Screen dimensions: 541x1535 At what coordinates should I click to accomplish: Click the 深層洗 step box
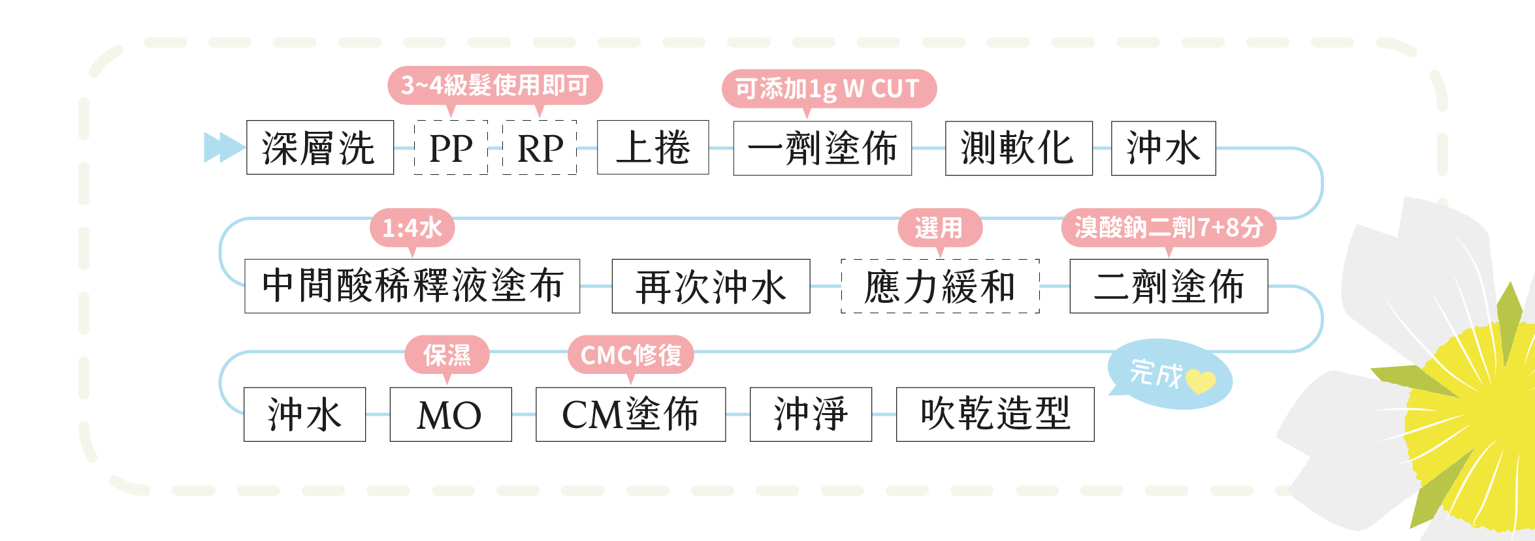(319, 147)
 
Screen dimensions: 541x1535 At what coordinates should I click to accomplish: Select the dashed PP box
(451, 147)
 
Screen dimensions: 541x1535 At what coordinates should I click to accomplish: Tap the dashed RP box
(540, 147)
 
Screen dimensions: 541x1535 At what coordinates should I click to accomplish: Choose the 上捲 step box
(653, 147)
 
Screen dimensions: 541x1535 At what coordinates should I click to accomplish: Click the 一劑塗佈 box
(822, 148)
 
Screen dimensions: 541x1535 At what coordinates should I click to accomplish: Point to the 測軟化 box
(1018, 148)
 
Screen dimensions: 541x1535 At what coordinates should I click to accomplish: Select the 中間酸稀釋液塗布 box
(412, 286)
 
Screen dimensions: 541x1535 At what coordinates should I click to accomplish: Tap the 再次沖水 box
(711, 286)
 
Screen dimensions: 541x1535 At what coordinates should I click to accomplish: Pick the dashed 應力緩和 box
(940, 286)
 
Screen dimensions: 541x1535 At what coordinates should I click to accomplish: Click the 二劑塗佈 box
(1169, 286)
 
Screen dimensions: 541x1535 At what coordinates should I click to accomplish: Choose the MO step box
(450, 414)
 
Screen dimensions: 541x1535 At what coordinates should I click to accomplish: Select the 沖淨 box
(811, 414)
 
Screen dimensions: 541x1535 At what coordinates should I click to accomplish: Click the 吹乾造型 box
(995, 414)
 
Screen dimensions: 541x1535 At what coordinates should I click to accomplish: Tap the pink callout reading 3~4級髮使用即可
(494, 85)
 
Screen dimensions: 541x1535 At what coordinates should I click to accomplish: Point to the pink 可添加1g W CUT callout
(828, 89)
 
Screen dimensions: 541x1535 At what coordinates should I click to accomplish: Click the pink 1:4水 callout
(412, 228)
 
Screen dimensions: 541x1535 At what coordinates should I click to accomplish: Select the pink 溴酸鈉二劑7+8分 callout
(1169, 228)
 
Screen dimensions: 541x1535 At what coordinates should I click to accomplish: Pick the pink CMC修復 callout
(630, 355)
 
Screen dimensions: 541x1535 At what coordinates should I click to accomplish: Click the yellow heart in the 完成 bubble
(1200, 381)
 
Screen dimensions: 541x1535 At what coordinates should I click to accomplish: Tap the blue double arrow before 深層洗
(223, 147)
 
